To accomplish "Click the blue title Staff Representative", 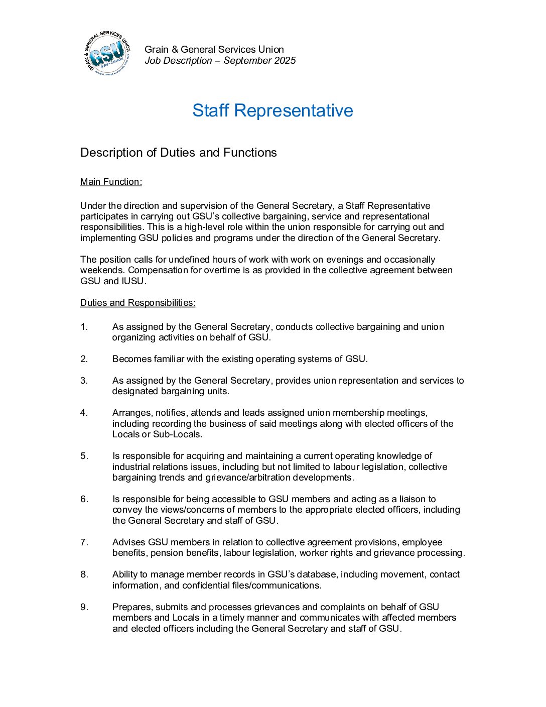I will [272, 110].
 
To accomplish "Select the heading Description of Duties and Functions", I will [178, 153].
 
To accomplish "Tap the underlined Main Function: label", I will [111, 182].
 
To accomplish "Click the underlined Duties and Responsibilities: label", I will [138, 303].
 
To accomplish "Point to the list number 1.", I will [84, 327].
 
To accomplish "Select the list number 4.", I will [84, 413].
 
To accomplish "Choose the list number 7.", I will [84, 542].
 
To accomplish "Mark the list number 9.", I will [84, 607].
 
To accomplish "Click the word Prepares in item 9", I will [132, 607].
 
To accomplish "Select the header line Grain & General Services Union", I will [214, 50].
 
